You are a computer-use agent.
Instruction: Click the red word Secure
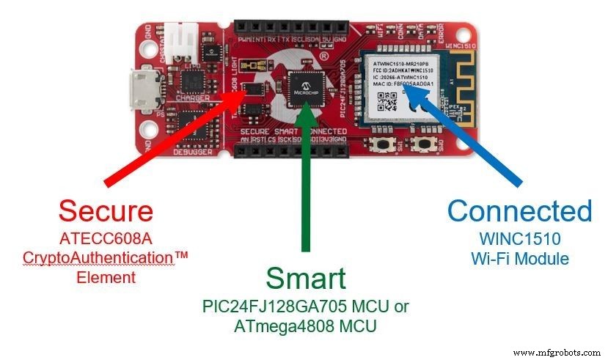(106, 211)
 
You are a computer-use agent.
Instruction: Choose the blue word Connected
(519, 211)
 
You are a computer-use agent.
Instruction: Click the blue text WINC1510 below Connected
(520, 238)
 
